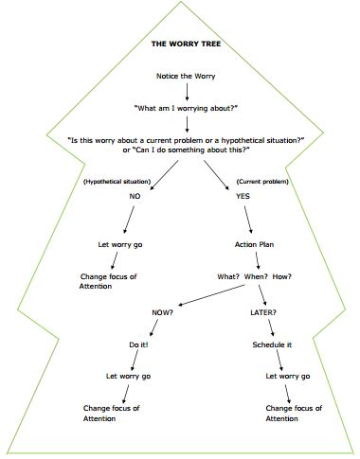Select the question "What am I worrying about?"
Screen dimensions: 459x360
click(x=187, y=108)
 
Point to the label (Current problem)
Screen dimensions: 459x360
click(x=261, y=181)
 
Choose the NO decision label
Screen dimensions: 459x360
click(x=135, y=196)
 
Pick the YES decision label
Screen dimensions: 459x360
click(x=243, y=196)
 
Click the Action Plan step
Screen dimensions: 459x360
click(x=253, y=244)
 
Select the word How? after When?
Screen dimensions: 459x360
click(x=282, y=276)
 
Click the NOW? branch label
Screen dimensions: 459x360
click(x=162, y=311)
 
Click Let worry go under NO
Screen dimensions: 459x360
click(x=120, y=244)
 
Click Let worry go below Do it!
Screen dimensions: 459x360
click(x=129, y=377)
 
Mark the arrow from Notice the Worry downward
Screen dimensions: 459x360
click(x=188, y=90)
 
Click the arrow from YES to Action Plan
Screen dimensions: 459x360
click(x=249, y=220)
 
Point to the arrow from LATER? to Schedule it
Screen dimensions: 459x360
click(x=272, y=327)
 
